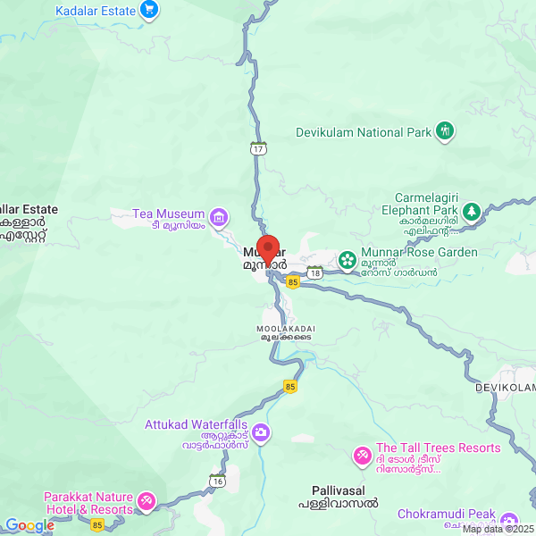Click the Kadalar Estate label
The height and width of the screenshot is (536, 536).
click(95, 11)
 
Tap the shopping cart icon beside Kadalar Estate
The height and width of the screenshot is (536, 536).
click(149, 11)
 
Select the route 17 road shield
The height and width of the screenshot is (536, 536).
click(258, 147)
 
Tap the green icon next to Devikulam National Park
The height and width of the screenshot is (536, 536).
click(445, 132)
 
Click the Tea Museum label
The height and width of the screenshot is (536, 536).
click(168, 214)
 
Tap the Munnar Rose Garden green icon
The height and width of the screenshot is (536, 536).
click(347, 261)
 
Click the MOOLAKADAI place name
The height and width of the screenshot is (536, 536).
click(282, 328)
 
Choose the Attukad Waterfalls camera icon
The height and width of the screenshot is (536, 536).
click(261, 433)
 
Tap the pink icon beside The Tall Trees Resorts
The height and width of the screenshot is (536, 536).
click(362, 456)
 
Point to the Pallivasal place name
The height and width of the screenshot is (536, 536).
click(338, 491)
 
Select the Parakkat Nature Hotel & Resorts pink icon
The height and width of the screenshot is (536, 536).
click(147, 502)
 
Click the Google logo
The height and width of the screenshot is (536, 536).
click(30, 525)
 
